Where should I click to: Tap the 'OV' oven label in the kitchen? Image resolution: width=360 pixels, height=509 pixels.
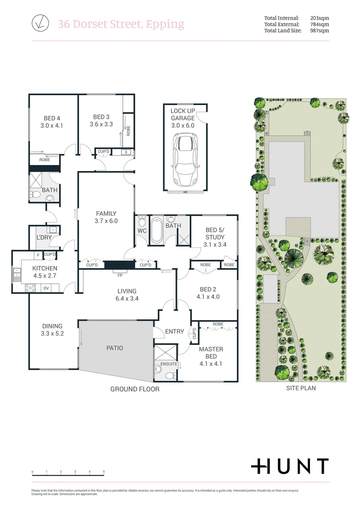(x=46, y=287)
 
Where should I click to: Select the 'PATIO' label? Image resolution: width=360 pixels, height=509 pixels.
(x=115, y=348)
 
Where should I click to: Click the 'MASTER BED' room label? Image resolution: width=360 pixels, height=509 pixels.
(x=211, y=353)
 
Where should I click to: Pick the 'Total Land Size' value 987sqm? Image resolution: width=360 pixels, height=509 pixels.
(x=319, y=31)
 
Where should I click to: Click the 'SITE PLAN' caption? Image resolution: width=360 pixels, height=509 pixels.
(x=301, y=388)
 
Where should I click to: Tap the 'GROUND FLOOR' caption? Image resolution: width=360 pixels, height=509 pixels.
(x=135, y=389)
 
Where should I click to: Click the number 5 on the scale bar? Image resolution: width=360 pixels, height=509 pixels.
(x=104, y=472)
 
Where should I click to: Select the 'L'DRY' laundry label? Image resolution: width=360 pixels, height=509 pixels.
(x=44, y=238)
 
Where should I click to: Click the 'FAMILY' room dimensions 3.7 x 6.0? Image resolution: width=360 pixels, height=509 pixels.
(x=106, y=221)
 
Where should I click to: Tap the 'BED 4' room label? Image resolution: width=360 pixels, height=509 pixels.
(x=52, y=118)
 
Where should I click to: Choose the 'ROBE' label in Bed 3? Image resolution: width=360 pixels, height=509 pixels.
(x=128, y=131)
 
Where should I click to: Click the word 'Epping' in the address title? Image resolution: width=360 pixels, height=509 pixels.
(x=165, y=24)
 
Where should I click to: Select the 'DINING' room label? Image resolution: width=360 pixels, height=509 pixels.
(x=52, y=326)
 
